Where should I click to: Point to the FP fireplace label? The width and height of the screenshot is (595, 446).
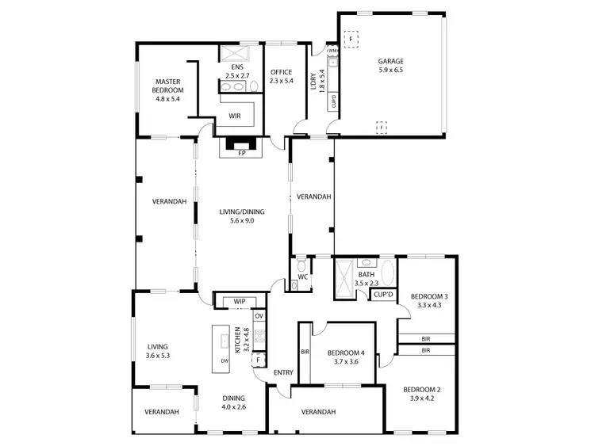(242, 153)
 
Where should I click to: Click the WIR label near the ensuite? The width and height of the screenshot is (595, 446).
(234, 116)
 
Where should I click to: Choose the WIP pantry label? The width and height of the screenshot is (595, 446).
(239, 302)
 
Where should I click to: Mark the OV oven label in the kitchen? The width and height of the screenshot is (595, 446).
(259, 316)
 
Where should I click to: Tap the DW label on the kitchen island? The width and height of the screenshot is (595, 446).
(225, 360)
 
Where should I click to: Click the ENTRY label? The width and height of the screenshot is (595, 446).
(283, 372)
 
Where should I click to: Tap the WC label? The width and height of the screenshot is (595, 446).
(302, 276)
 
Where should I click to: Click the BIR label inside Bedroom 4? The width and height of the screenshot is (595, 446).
(304, 352)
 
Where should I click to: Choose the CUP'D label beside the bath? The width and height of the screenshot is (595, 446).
(383, 294)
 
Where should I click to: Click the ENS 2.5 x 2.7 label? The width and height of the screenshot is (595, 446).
(236, 71)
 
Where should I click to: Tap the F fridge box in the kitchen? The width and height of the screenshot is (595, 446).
(258, 360)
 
